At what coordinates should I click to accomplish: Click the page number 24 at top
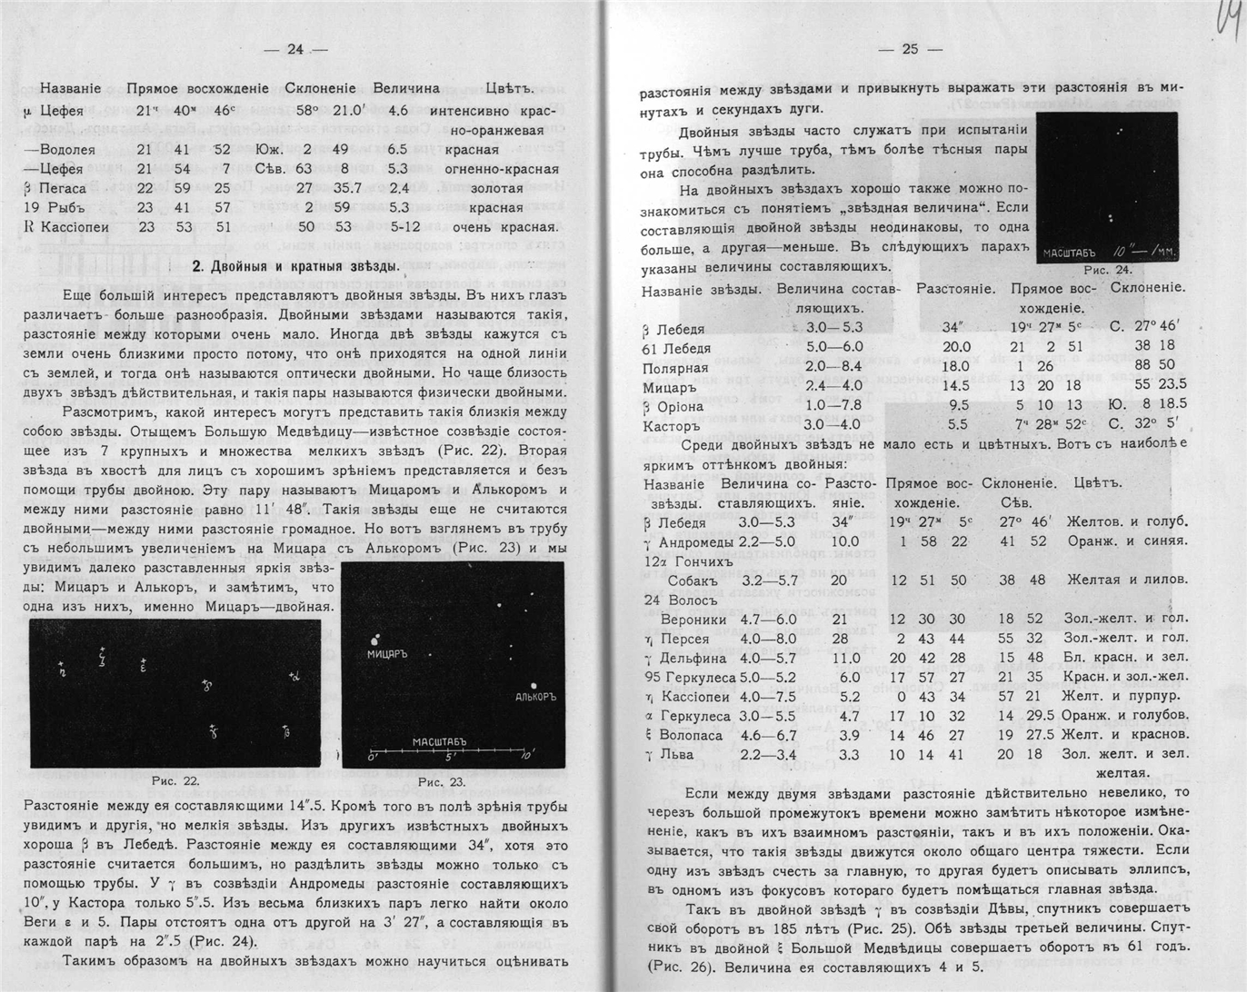[x=294, y=50]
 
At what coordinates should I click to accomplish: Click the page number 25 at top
[x=910, y=50]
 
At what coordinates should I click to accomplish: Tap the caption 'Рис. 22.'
[x=175, y=780]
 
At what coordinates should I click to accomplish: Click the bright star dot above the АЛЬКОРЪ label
[x=534, y=684]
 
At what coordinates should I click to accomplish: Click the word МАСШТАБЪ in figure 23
[x=440, y=741]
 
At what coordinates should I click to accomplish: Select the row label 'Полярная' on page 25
[x=675, y=368]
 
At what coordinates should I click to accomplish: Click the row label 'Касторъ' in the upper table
[x=672, y=425]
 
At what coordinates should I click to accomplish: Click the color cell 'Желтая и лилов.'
[x=1126, y=580]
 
